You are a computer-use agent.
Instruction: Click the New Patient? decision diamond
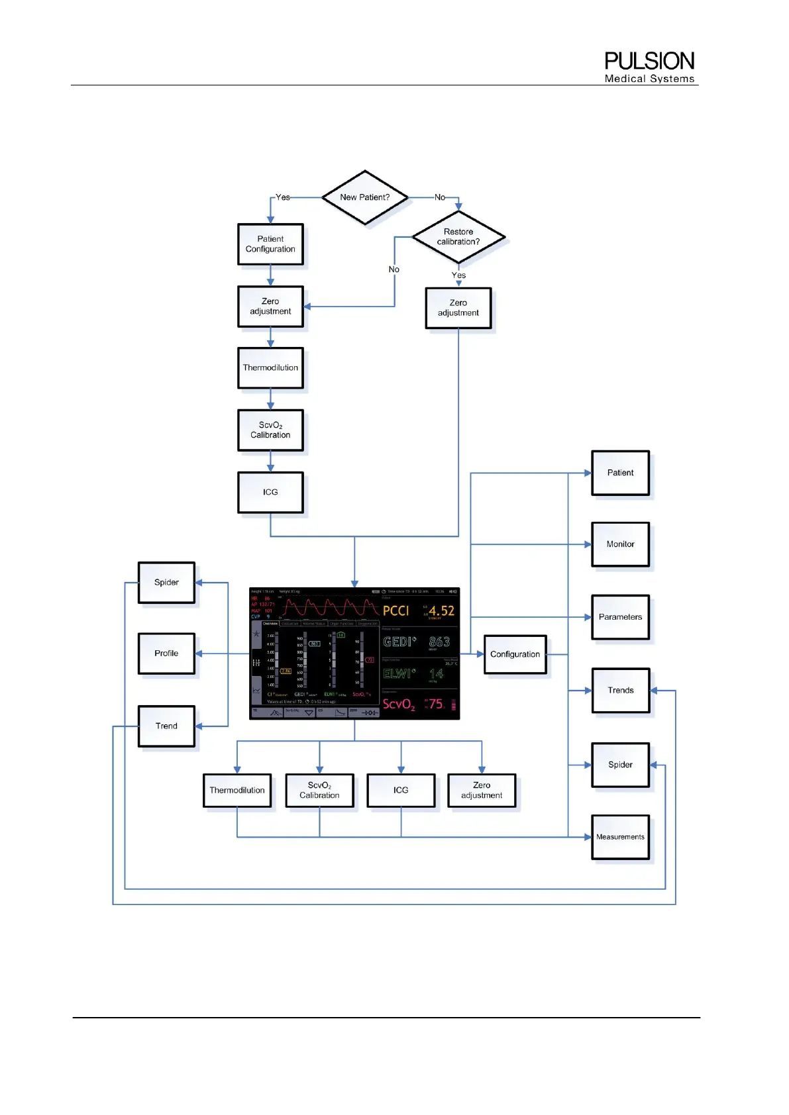pyautogui.click(x=364, y=197)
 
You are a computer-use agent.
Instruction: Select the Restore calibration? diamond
pyautogui.click(x=458, y=237)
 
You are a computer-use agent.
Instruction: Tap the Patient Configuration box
pyautogui.click(x=270, y=244)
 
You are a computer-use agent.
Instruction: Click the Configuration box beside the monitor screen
pyautogui.click(x=515, y=654)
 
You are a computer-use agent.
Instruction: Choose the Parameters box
pyautogui.click(x=620, y=617)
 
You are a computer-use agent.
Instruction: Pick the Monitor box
pyautogui.click(x=620, y=544)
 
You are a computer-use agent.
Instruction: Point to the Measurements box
pyautogui.click(x=620, y=837)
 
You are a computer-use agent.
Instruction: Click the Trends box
pyautogui.click(x=620, y=690)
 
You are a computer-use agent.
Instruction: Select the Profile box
pyautogui.click(x=166, y=654)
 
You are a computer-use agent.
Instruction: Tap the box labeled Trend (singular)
pyautogui.click(x=166, y=726)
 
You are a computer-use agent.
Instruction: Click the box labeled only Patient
pyautogui.click(x=620, y=473)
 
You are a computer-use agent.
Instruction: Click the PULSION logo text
pyautogui.click(x=649, y=62)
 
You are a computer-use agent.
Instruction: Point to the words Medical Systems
pyautogui.click(x=649, y=79)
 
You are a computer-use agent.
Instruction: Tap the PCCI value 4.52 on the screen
pyautogui.click(x=441, y=611)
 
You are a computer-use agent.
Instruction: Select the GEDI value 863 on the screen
pyautogui.click(x=439, y=642)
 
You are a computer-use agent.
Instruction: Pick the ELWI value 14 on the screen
pyautogui.click(x=436, y=673)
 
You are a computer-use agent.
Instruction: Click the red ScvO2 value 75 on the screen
pyautogui.click(x=436, y=704)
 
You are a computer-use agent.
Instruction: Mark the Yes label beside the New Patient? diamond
pyautogui.click(x=283, y=197)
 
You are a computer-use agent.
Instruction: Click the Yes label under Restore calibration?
pyautogui.click(x=458, y=275)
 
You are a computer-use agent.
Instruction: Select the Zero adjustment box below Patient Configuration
pyautogui.click(x=270, y=307)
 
